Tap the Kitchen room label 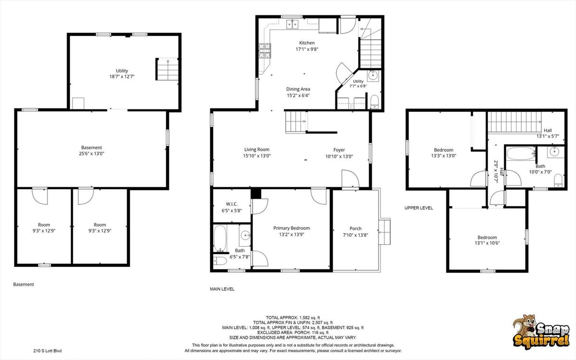[307, 43]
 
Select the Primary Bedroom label [291, 228]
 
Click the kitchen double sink [292, 24]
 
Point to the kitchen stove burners [265, 51]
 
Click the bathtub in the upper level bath [521, 154]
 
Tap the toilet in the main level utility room [374, 101]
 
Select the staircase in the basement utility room [168, 69]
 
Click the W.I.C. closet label [232, 204]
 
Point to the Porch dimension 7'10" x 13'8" [356, 235]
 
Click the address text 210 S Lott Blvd [48, 351]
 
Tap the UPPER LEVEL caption [419, 208]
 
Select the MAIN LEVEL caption [222, 289]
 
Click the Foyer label [339, 150]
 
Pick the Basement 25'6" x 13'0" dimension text [92, 154]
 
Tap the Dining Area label [298, 89]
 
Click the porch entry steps [384, 232]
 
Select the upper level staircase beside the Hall [514, 122]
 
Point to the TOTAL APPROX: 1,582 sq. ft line [293, 318]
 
